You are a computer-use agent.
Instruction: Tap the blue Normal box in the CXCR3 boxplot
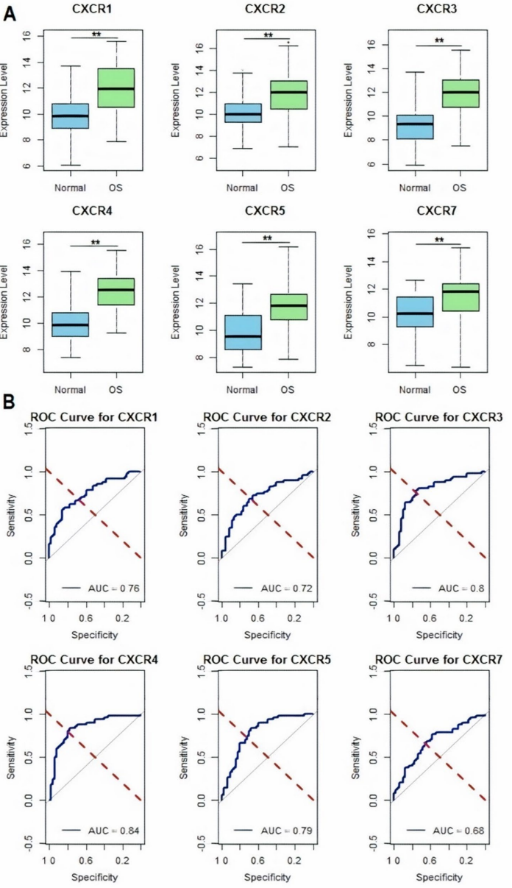[415, 127]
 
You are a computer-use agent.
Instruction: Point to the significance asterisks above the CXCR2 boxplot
[268, 35]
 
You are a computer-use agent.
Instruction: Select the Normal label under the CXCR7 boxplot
[415, 389]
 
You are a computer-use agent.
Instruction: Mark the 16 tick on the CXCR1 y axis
[27, 35]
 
